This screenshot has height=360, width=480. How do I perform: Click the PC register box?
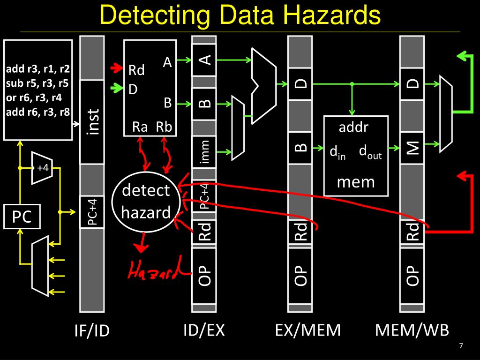pyautogui.click(x=22, y=217)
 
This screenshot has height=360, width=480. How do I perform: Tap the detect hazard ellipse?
pyautogui.click(x=146, y=202)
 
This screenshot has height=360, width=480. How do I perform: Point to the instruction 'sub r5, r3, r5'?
pyautogui.click(x=37, y=84)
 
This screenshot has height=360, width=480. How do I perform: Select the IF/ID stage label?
pyautogui.click(x=92, y=331)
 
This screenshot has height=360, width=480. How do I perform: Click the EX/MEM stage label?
pyautogui.click(x=307, y=330)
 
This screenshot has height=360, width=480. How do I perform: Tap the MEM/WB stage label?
pyautogui.click(x=412, y=330)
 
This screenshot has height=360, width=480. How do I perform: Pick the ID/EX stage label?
pyautogui.click(x=204, y=330)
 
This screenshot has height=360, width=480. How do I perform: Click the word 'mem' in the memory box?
pyautogui.click(x=356, y=181)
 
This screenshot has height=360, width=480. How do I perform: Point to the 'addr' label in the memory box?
pyautogui.click(x=353, y=127)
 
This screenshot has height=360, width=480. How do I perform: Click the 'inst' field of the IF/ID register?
pyautogui.click(x=92, y=123)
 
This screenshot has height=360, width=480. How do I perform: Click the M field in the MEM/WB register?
pyautogui.click(x=412, y=149)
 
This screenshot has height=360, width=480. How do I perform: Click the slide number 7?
pyautogui.click(x=461, y=346)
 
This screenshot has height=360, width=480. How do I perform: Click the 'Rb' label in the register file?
pyautogui.click(x=164, y=127)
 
